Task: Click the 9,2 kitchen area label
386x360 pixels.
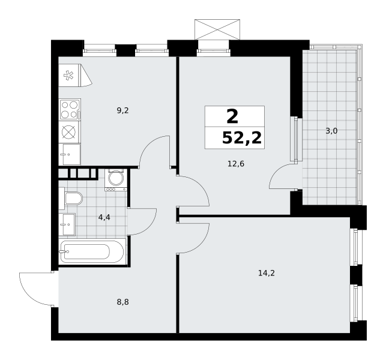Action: tap(122, 111)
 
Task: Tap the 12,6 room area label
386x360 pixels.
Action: tap(236, 164)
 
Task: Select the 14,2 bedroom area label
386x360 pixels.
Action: tap(267, 273)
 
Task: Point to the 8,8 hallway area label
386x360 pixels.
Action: tap(122, 302)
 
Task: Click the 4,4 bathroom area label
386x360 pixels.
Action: tap(104, 217)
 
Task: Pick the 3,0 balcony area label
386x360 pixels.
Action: tap(331, 131)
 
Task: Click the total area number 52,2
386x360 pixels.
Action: tap(241, 138)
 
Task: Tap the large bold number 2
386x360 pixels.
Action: tap(232, 116)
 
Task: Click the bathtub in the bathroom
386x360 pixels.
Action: tap(92, 251)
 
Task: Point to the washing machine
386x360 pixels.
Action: tap(116, 180)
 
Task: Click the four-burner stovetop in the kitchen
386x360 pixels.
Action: tap(70, 110)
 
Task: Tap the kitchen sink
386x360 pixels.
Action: tap(70, 154)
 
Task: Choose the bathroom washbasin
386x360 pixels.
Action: tap(67, 224)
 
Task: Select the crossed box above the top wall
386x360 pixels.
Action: tap(217, 29)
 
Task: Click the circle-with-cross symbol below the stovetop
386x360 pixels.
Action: tap(68, 132)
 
